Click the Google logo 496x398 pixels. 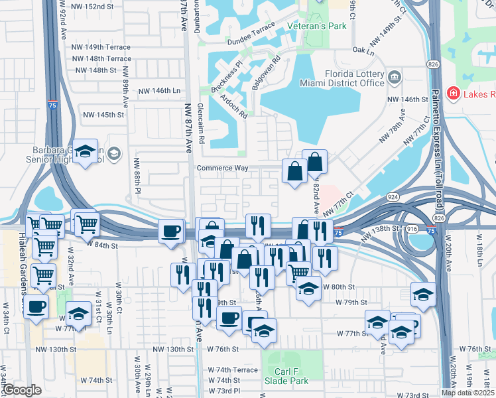21,390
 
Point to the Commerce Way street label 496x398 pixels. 222,168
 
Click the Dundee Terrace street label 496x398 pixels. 252,24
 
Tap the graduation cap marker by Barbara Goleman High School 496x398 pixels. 86,153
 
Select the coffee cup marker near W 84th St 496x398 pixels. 171,231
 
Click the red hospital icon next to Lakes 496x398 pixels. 454,94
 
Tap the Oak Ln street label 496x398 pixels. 359,50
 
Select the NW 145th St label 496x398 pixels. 103,115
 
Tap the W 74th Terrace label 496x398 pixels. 233,369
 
